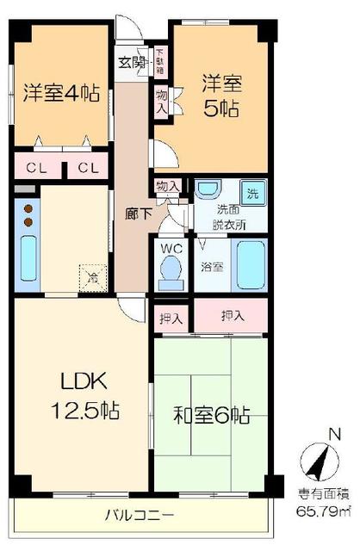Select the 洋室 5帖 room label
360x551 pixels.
coord(222,96)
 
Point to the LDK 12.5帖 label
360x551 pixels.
coord(77,395)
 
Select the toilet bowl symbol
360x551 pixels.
coord(169,271)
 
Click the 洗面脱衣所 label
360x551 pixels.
coord(230,218)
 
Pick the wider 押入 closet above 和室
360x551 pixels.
coord(232,316)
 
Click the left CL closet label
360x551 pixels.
coord(35,167)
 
